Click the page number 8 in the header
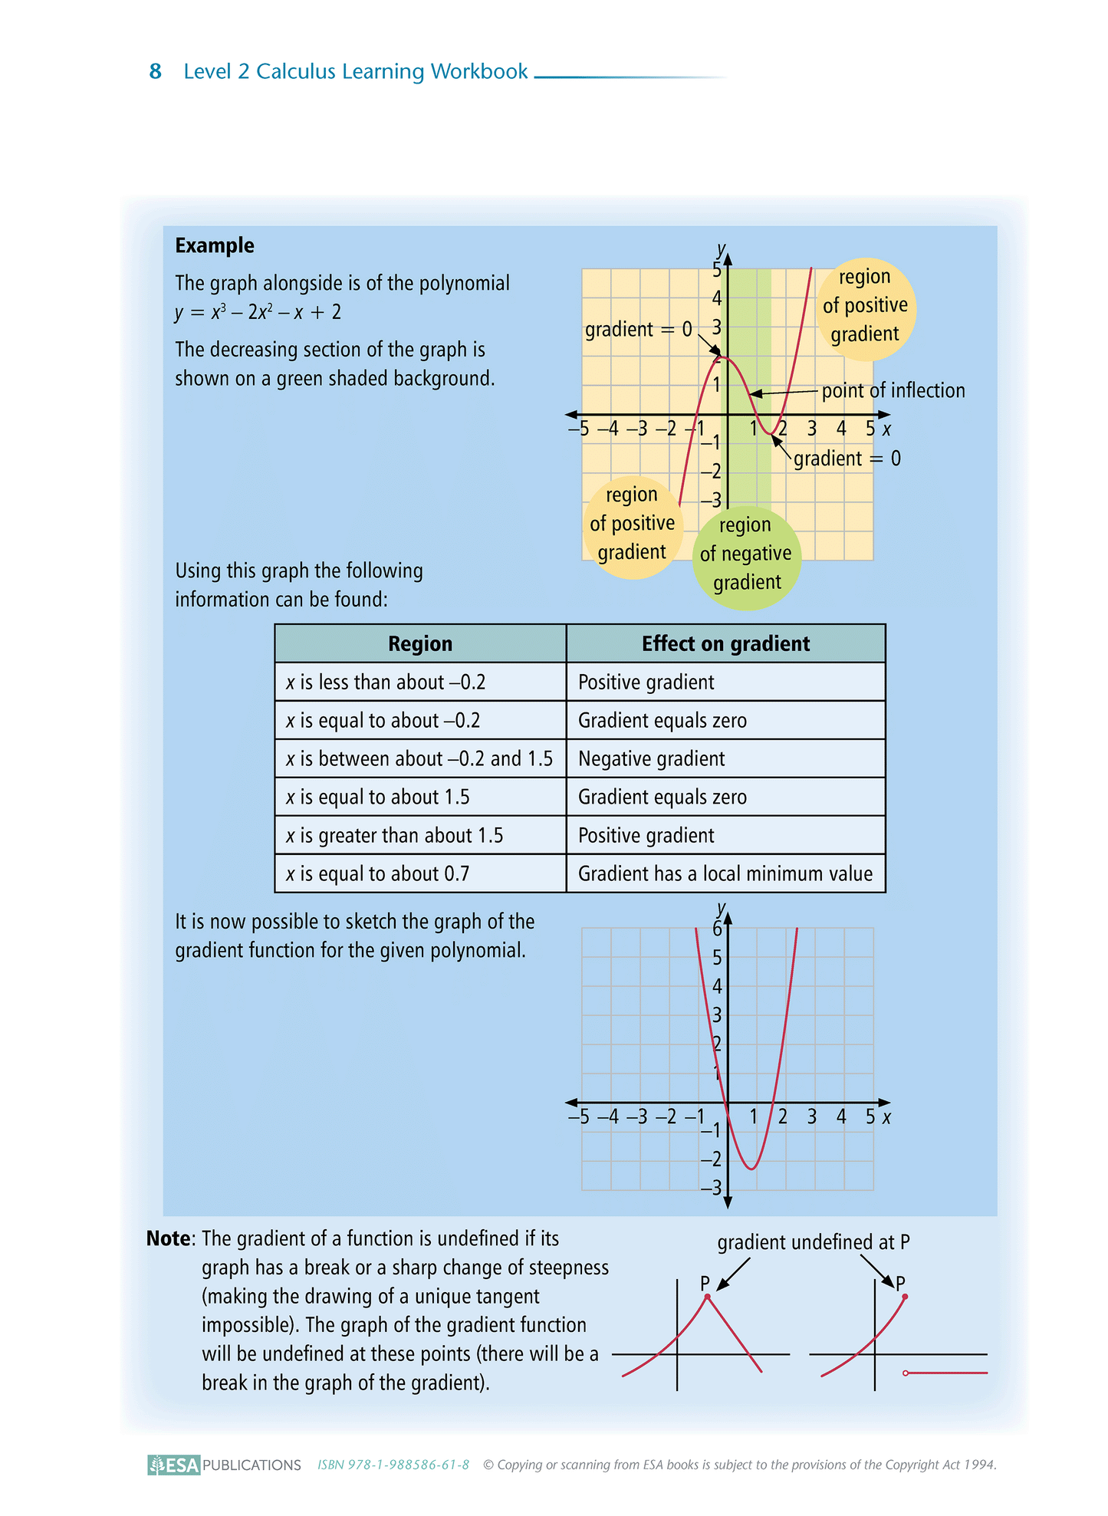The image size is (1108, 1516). click(155, 71)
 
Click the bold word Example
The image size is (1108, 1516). click(215, 245)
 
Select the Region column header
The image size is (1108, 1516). click(420, 643)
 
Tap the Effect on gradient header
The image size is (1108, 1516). click(725, 643)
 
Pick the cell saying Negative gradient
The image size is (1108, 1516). click(651, 758)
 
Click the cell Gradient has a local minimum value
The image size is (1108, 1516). click(725, 873)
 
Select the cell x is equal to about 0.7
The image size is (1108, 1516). click(377, 873)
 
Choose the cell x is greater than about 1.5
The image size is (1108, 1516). click(394, 835)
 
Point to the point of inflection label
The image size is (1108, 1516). click(893, 390)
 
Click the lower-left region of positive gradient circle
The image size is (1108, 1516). click(633, 525)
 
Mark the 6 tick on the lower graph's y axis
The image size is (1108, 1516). click(717, 929)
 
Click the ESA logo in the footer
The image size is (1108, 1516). click(174, 1465)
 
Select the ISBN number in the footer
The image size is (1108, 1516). click(393, 1465)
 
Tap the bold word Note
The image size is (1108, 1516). click(169, 1238)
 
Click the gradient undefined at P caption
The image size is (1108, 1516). click(813, 1242)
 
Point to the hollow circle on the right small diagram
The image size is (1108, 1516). click(906, 1373)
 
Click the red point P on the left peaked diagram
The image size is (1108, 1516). click(708, 1297)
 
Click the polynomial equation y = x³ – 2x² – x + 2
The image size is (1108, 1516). click(258, 312)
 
